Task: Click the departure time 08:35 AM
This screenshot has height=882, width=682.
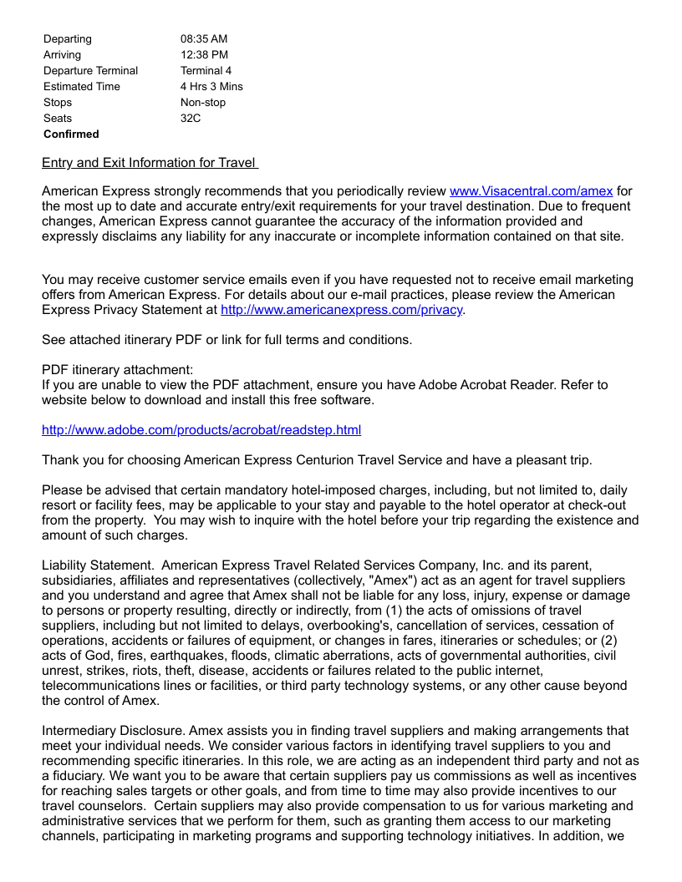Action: pos(204,39)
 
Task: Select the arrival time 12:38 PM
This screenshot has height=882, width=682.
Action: pos(204,55)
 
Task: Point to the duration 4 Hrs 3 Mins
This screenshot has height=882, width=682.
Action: pos(211,87)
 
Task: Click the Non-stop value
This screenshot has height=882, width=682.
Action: pos(203,103)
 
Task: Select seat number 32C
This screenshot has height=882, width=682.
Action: pos(191,119)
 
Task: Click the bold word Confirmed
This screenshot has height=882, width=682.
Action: pos(71,134)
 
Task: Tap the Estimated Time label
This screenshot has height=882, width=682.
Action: pos(82,87)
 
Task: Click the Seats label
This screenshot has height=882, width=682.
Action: pos(58,119)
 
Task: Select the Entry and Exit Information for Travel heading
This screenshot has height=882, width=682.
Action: pos(150,163)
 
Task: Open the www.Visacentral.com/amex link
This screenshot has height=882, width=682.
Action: pos(531,191)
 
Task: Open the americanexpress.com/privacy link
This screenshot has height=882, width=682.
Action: pos(341,310)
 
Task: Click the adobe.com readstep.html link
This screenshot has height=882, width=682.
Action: pos(201,430)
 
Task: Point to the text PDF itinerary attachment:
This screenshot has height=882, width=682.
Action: pos(117,370)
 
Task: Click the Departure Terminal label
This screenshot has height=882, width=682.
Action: pos(91,71)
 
